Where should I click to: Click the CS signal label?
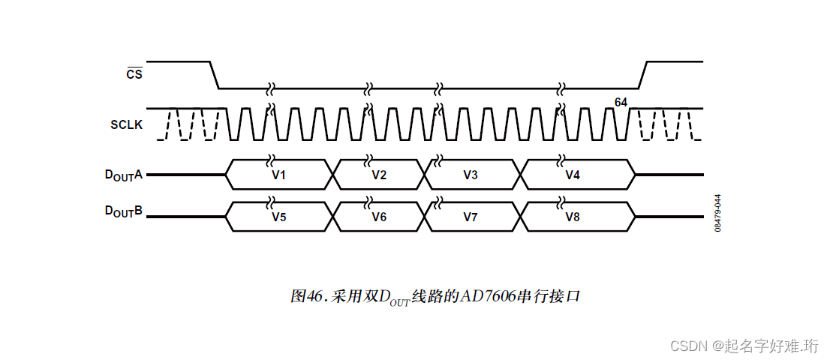[x=134, y=74]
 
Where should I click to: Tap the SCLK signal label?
[x=127, y=124]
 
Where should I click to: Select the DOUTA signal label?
[x=123, y=175]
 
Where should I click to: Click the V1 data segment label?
[x=278, y=175]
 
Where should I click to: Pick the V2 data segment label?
[x=379, y=175]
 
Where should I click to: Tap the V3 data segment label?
[x=471, y=175]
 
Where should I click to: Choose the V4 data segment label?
[x=573, y=175]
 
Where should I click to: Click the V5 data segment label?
[x=278, y=217]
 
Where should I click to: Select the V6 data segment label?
[x=379, y=217]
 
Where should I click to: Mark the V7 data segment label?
[x=471, y=217]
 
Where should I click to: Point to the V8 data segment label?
[x=573, y=217]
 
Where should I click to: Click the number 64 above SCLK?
[x=621, y=101]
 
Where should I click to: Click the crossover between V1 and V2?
[x=332, y=174]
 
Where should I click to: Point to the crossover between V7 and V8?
[x=520, y=217]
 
